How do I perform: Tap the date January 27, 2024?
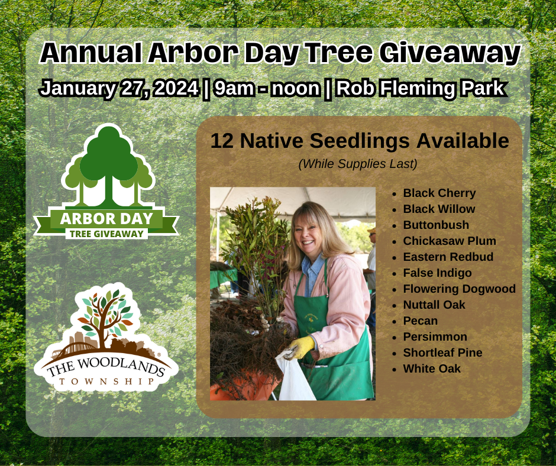click(x=118, y=88)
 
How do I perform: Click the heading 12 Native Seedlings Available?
click(x=360, y=141)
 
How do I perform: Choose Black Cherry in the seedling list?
click(x=439, y=193)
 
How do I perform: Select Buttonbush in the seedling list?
click(x=435, y=225)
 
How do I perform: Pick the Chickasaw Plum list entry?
click(x=449, y=241)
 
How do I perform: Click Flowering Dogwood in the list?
click(x=459, y=289)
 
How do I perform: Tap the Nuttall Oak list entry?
click(x=434, y=305)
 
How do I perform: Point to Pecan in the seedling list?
click(x=420, y=321)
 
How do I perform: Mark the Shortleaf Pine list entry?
click(x=442, y=353)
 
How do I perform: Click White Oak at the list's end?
click(x=431, y=369)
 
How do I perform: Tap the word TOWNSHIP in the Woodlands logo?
click(x=107, y=381)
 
